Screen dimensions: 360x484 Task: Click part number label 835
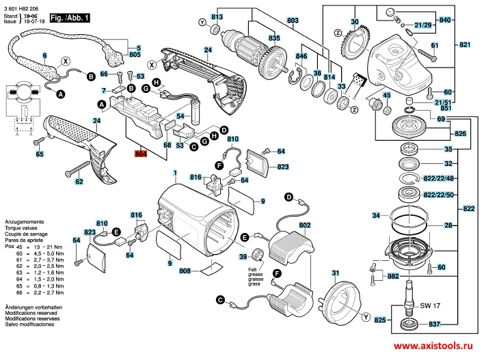255,37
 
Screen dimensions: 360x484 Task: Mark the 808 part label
185,271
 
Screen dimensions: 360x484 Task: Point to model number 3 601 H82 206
22,7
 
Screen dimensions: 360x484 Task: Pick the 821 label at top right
465,45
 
